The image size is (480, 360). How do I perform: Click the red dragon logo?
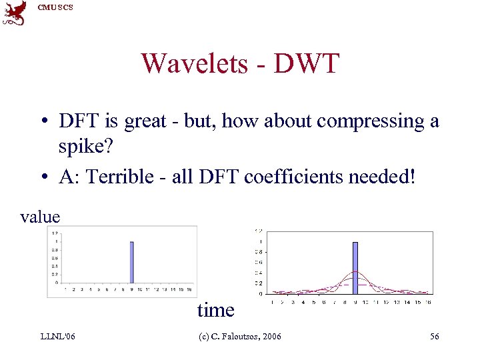[14, 13]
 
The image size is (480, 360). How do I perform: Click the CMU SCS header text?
[55, 7]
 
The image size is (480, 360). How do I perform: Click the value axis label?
[40, 217]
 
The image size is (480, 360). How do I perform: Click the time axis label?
[215, 310]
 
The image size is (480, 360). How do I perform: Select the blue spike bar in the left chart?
[132, 261]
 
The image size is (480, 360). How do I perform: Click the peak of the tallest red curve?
[355, 272]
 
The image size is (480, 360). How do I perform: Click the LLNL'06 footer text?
[58, 337]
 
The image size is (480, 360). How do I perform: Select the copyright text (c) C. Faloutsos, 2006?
[241, 337]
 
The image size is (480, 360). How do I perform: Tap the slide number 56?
[434, 337]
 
